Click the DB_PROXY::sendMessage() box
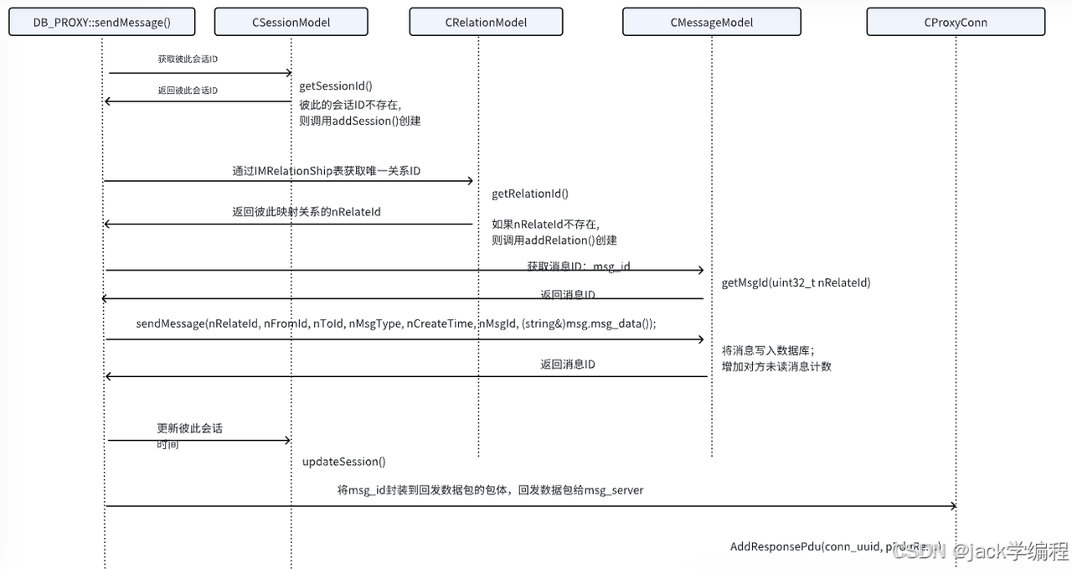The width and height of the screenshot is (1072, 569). pyautogui.click(x=101, y=23)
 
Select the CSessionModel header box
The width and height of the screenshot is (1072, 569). pyautogui.click(x=291, y=23)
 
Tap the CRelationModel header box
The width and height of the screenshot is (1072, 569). pyautogui.click(x=486, y=23)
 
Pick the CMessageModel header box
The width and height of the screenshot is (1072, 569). pyautogui.click(x=711, y=23)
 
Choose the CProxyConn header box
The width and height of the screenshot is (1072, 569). pyautogui.click(x=956, y=23)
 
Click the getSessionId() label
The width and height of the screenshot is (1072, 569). pyautogui.click(x=336, y=85)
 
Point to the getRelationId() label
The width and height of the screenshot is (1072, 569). pyautogui.click(x=530, y=194)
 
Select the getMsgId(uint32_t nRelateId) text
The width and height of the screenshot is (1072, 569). pyautogui.click(x=796, y=283)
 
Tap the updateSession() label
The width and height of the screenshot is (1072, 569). pyautogui.click(x=343, y=462)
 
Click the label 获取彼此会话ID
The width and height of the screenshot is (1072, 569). pyautogui.click(x=188, y=59)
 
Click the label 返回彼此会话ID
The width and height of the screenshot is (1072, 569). pyautogui.click(x=188, y=91)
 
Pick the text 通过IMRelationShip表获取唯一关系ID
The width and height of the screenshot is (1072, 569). pyautogui.click(x=326, y=171)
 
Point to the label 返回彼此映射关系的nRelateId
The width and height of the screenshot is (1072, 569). pyautogui.click(x=307, y=212)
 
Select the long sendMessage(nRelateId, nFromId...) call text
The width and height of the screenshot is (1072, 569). pyautogui.click(x=395, y=323)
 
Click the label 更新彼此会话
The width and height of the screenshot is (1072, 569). pyautogui.click(x=190, y=428)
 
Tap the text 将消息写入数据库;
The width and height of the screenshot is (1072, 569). pyautogui.click(x=768, y=350)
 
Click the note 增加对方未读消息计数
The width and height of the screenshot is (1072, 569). pyautogui.click(x=776, y=366)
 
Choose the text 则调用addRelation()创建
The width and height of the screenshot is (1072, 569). pyautogui.click(x=554, y=241)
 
